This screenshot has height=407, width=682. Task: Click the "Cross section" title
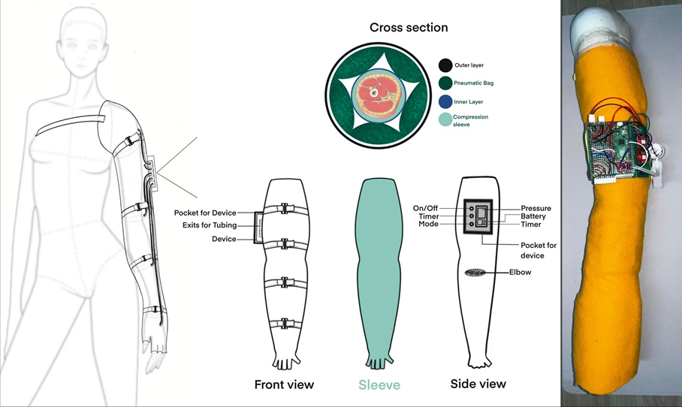409,27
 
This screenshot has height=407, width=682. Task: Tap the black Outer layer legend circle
445,65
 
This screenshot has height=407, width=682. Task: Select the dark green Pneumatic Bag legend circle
445,83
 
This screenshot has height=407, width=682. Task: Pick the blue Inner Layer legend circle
445,102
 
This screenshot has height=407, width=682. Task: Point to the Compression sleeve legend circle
445,119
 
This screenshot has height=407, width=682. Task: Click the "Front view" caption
284,384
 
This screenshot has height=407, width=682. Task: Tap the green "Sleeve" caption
379,384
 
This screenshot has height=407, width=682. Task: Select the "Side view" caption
478,384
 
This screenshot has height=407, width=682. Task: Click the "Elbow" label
521,272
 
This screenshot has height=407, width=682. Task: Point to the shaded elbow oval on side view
475,273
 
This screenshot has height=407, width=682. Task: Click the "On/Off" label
425,208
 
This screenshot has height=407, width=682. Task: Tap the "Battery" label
533,216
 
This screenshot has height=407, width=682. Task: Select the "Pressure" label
536,208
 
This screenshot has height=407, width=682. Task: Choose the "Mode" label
428,224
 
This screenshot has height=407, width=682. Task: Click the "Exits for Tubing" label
210,225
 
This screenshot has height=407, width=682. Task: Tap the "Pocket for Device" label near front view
205,213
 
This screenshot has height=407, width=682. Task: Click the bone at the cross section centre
373,92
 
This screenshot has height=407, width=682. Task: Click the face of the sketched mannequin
83,54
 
